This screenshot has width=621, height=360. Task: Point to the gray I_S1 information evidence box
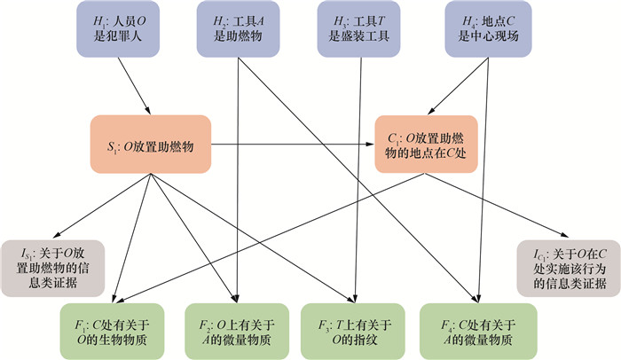click(x=52, y=265)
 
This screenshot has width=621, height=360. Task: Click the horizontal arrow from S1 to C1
click(x=293, y=143)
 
